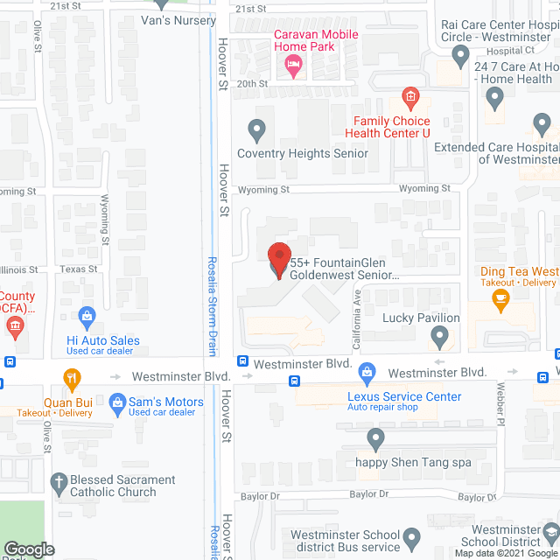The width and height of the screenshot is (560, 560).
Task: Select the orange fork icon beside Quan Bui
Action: tap(72, 380)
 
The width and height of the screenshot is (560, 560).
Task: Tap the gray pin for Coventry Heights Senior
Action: tap(256, 130)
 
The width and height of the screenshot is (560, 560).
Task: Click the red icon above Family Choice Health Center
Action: tap(409, 96)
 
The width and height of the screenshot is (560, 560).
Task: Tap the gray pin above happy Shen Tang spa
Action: tap(376, 437)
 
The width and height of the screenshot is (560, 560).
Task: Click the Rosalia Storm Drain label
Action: tap(212, 305)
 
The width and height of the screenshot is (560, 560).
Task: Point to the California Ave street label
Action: tap(357, 310)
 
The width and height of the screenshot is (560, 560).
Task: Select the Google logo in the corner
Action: tap(29, 549)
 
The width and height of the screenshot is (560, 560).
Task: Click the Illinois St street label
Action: tap(19, 269)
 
